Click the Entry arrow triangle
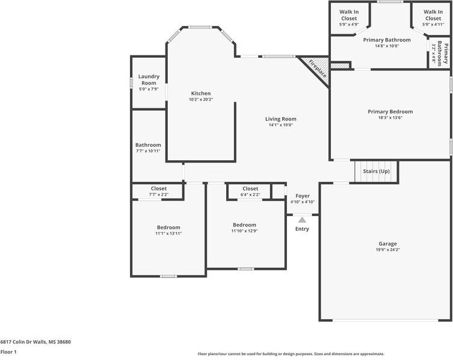click(x=302, y=220)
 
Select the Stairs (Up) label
click(x=376, y=171)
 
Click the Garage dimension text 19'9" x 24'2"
click(x=387, y=250)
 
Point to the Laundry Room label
click(x=149, y=79)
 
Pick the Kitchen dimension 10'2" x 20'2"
click(x=201, y=99)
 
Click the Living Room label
click(x=280, y=119)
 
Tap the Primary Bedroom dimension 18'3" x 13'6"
click(x=390, y=117)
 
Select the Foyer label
click(x=303, y=196)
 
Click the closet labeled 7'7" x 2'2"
click(x=159, y=191)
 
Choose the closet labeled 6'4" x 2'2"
click(x=250, y=191)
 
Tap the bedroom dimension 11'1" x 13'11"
click(x=168, y=234)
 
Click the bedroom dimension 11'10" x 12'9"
click(x=244, y=231)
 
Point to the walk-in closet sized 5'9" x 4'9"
click(x=349, y=18)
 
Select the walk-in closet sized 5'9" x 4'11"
click(x=433, y=18)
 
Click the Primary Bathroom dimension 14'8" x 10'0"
click(x=387, y=46)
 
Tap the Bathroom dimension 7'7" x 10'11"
click(x=148, y=151)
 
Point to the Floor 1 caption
click(x=8, y=352)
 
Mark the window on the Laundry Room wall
click(x=131, y=83)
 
